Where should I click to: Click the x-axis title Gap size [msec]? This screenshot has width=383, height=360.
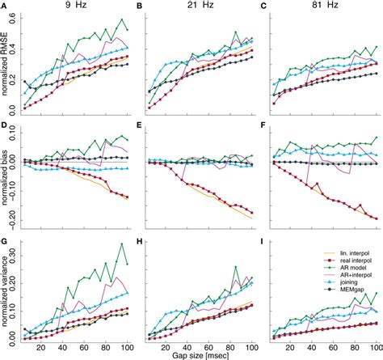click(197, 354)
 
